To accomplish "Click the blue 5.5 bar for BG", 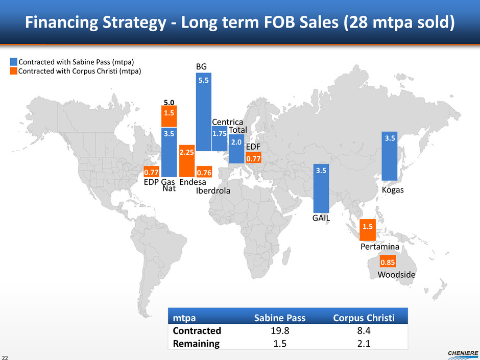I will (204, 112).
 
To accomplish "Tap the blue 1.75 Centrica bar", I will (220, 138).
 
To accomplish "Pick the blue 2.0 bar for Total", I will (236, 149).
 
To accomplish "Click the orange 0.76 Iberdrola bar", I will (204, 172).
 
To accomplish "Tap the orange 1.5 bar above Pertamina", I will (368, 230).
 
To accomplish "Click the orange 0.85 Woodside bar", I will (388, 262).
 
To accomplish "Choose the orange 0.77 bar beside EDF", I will (253, 159).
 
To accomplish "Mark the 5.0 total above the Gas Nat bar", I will (169, 101).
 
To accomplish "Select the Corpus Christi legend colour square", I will (14, 71).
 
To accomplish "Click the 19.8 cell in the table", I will (280, 331).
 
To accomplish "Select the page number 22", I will (5, 356).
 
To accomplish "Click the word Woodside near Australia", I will (396, 275).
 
